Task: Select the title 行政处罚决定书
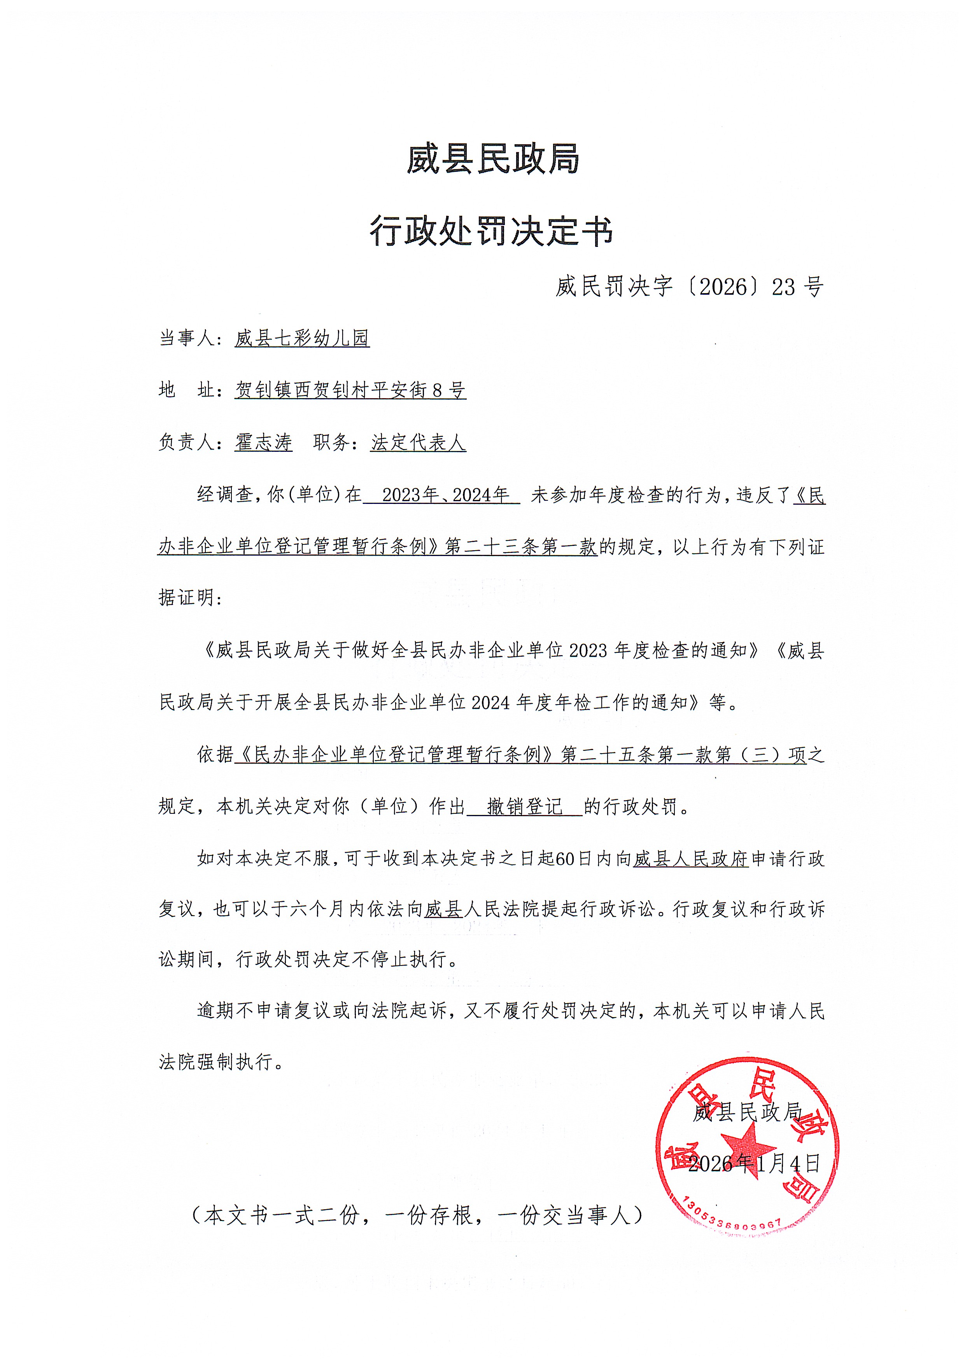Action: point(491,232)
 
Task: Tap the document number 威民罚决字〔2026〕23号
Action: point(689,287)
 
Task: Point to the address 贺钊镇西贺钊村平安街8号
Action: point(350,390)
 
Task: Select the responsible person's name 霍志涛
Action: point(263,442)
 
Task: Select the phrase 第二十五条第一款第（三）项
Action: point(683,754)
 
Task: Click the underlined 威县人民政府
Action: point(690,859)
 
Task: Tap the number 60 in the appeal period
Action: point(563,859)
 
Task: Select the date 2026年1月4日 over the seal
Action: point(753,1163)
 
